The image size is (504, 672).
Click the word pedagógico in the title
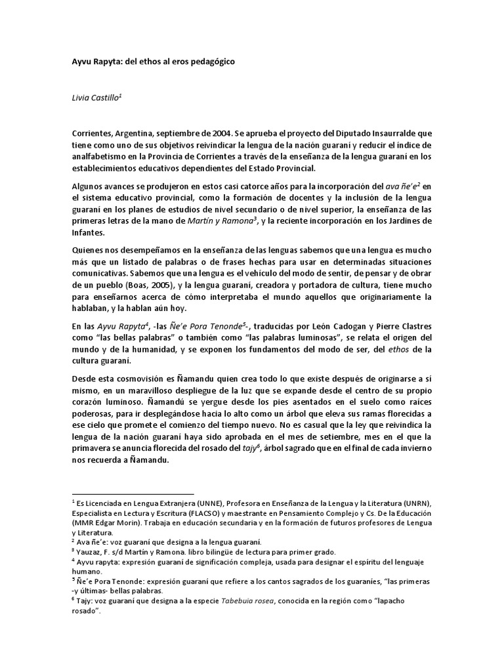click(x=209, y=62)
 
